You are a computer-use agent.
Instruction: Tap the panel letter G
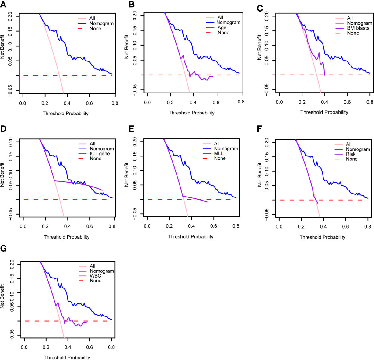coord(4,249)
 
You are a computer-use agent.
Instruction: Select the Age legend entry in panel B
coord(222,28)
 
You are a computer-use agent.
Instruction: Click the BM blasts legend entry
coord(358,28)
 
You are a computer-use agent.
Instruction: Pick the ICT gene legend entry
coord(100,154)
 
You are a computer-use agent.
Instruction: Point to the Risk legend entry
coord(351,154)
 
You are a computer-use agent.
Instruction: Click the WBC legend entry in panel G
coord(95,276)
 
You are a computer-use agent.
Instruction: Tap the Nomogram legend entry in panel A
coord(101,23)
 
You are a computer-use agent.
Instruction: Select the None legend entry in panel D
coord(96,159)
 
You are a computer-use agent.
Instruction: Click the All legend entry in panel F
coord(349,144)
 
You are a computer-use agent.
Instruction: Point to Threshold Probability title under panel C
coord(324,112)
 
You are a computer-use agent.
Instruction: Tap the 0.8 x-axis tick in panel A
coord(112,103)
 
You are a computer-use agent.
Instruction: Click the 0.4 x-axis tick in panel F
coord(323,227)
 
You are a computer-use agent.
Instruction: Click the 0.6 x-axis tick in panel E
coord(214,226)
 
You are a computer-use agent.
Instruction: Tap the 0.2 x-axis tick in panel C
coord(302,103)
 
